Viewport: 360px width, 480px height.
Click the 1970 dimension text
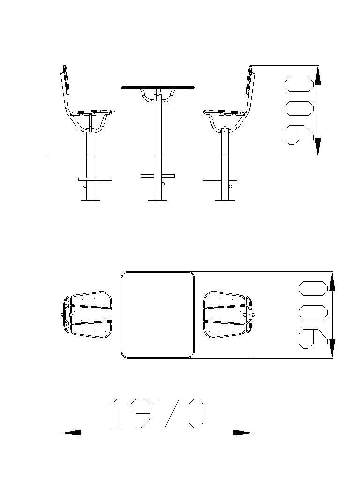[157, 413]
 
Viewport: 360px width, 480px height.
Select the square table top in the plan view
[157, 315]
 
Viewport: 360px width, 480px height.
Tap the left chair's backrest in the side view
[65, 80]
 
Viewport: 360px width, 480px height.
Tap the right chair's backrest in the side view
[250, 80]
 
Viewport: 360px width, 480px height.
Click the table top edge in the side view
[157, 88]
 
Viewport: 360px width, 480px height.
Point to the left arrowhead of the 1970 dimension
[72, 433]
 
